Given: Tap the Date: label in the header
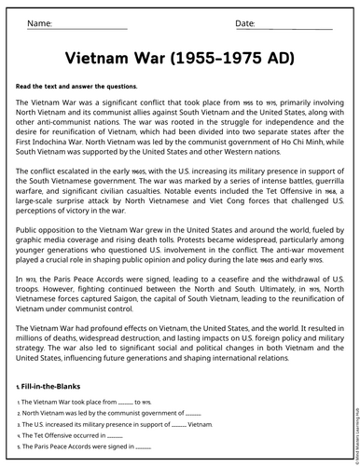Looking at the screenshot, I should tap(245, 22).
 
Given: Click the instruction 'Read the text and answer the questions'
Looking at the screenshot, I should tap(76, 86).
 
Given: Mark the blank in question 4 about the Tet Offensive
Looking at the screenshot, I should tap(115, 434).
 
